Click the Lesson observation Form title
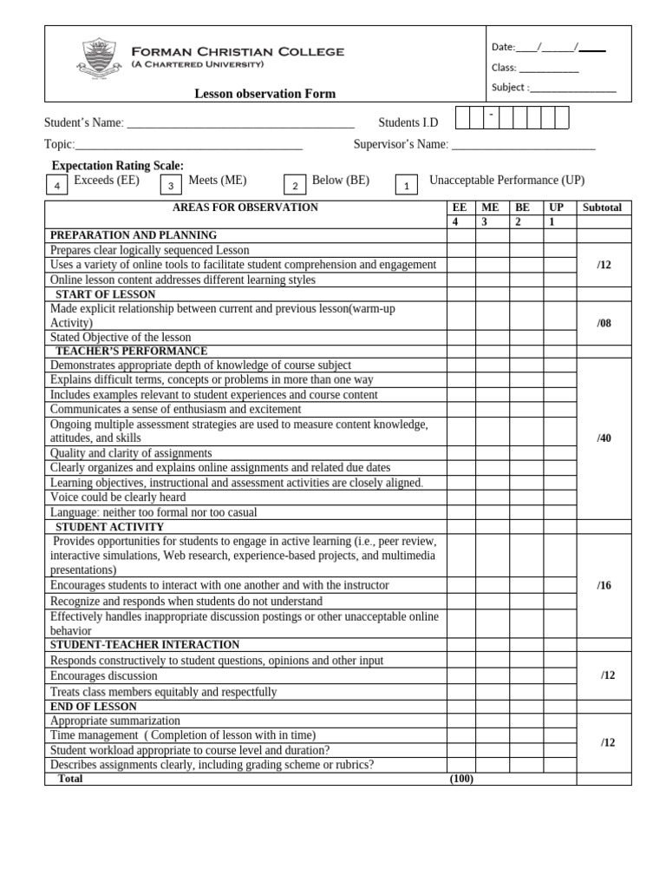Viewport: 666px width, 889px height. click(x=264, y=94)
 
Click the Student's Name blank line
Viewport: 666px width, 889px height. click(x=240, y=123)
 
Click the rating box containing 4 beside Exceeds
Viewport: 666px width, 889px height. click(x=57, y=185)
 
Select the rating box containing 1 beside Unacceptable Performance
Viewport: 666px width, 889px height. click(x=407, y=185)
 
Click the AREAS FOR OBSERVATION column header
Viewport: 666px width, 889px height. click(x=245, y=207)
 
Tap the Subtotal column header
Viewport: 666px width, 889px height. click(x=603, y=208)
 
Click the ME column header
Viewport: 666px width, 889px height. click(x=490, y=208)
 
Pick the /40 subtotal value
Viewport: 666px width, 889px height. click(x=604, y=438)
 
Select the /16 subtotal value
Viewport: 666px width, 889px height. click(x=604, y=586)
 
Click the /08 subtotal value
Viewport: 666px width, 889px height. click(x=604, y=323)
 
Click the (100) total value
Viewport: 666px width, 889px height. click(x=460, y=779)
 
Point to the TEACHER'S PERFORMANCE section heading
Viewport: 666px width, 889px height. click(x=131, y=351)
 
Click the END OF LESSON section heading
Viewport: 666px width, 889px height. click(x=94, y=707)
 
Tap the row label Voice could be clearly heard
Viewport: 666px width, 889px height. click(x=118, y=497)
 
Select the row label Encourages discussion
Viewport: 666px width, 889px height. click(x=104, y=675)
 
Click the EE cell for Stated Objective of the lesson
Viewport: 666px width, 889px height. click(x=460, y=337)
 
